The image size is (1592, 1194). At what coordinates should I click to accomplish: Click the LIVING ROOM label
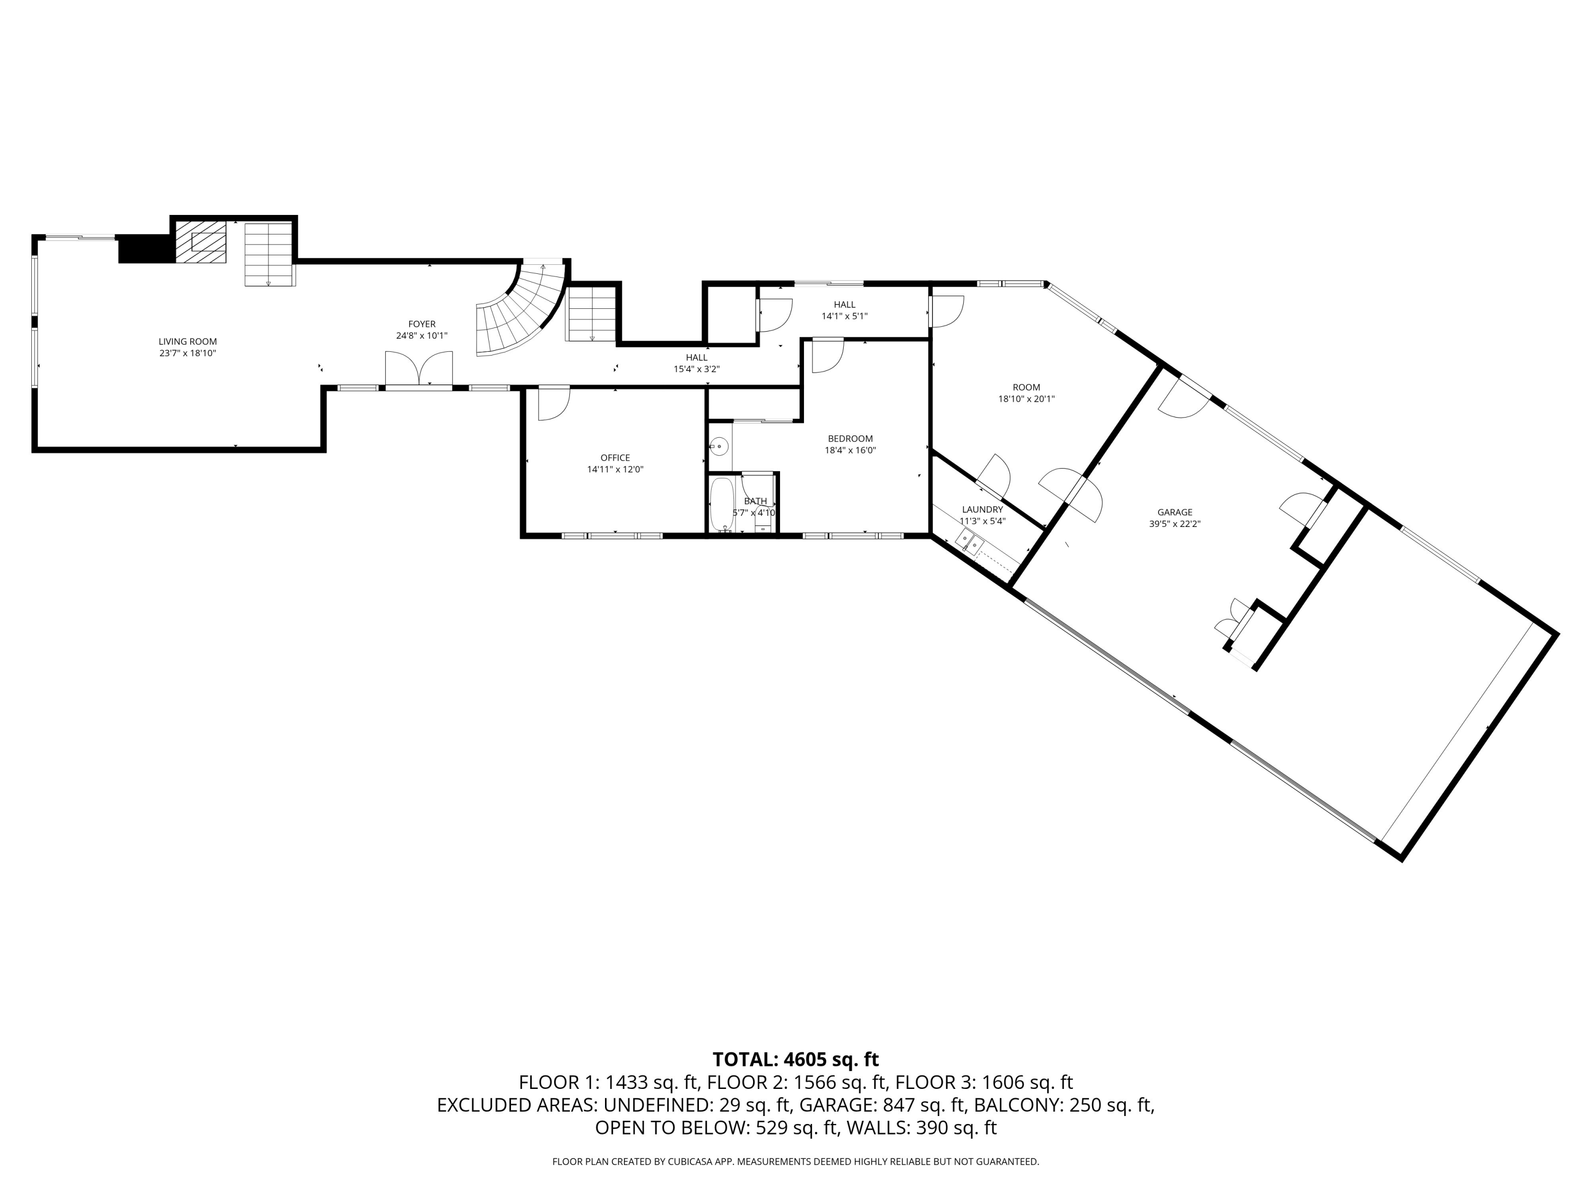click(187, 342)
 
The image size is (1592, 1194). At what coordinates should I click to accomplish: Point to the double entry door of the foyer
click(418, 370)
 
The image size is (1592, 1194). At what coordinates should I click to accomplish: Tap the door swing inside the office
click(553, 404)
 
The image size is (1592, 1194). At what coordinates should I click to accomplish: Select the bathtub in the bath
click(721, 503)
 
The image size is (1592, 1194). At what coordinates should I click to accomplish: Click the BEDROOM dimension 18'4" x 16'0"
click(850, 451)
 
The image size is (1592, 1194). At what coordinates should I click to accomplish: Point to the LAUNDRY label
click(982, 509)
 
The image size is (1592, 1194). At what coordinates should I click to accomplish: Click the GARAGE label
click(1174, 513)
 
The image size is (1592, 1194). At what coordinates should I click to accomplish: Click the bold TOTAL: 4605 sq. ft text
click(795, 1059)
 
